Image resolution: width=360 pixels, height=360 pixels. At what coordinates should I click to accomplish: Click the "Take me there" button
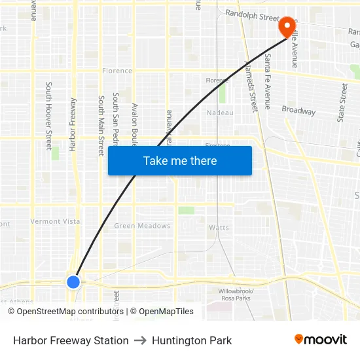(x=180, y=161)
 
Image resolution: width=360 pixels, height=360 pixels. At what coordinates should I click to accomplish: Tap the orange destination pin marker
(x=287, y=27)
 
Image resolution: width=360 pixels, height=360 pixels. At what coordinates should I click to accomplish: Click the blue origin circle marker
(x=73, y=281)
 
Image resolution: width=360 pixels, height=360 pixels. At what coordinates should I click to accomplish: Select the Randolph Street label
(x=252, y=14)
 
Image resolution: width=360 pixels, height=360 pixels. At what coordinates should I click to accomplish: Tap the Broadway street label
(x=298, y=111)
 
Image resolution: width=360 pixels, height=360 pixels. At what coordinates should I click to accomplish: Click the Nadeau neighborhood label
(x=220, y=113)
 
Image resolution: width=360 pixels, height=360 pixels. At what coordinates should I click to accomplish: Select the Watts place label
(x=219, y=228)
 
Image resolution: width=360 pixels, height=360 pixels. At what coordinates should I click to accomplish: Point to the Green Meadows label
(x=142, y=226)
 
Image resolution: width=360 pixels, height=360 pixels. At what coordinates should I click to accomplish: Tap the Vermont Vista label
(x=55, y=221)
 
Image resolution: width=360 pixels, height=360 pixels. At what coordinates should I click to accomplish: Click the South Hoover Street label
(x=48, y=116)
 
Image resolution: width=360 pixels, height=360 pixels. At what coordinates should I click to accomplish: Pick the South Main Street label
(x=101, y=126)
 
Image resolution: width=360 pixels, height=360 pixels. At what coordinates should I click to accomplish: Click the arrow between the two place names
(x=140, y=340)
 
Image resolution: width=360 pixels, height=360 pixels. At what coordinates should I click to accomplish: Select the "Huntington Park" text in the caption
(x=192, y=340)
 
